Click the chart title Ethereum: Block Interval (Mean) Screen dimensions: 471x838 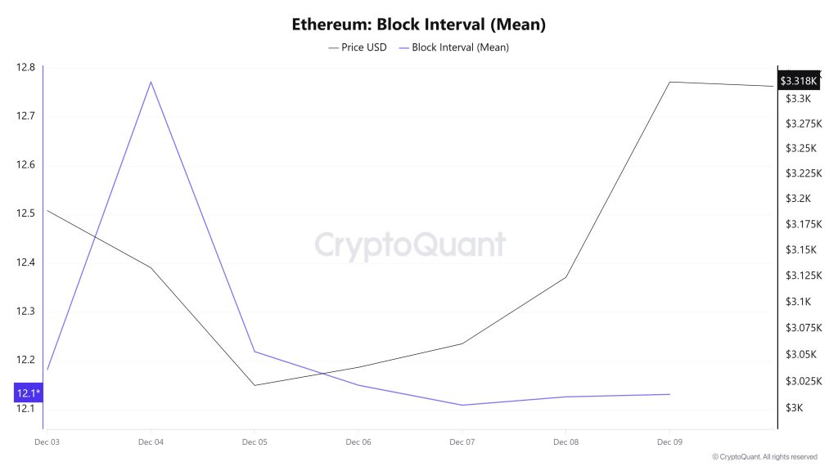click(x=418, y=25)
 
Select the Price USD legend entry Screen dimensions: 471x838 click(x=358, y=47)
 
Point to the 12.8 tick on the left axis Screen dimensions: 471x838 click(x=25, y=67)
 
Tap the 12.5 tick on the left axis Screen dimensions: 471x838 click(x=25, y=213)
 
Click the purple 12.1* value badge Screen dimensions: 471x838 click(x=27, y=393)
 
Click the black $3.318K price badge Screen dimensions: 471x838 click(x=797, y=81)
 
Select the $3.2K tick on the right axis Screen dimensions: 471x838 click(x=797, y=199)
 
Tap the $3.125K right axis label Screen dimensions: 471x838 click(x=803, y=276)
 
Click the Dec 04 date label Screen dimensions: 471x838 click(x=151, y=442)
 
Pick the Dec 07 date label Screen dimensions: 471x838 click(x=462, y=442)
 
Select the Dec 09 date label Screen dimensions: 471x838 click(x=669, y=442)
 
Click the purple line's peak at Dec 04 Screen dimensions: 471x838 click(x=151, y=82)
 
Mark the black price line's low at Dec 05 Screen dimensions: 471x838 click(x=255, y=385)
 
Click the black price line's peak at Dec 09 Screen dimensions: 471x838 click(x=669, y=82)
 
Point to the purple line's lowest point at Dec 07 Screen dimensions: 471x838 click(x=462, y=405)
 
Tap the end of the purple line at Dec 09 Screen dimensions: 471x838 click(x=669, y=394)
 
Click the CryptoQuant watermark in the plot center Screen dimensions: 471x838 click(x=410, y=244)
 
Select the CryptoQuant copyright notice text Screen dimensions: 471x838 click(x=764, y=457)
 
